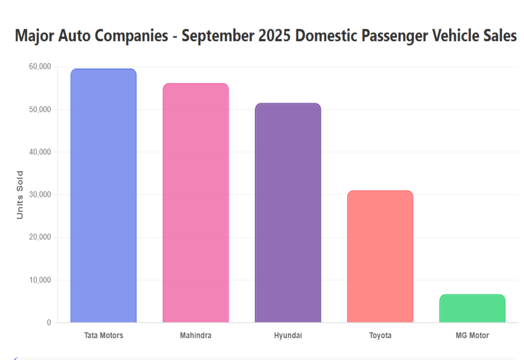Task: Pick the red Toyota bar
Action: [x=380, y=256]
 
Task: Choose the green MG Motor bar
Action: [x=472, y=309]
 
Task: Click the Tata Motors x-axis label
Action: [x=104, y=335]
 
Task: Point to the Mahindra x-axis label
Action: [x=196, y=335]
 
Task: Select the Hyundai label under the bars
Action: [x=288, y=335]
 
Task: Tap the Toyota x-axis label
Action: [x=380, y=335]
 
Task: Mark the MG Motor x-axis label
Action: [x=472, y=335]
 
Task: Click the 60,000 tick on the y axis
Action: [x=40, y=67]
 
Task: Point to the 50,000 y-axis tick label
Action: [x=40, y=109]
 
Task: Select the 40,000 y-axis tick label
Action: [x=40, y=152]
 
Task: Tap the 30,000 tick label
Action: [x=40, y=195]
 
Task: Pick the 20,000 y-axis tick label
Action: [x=40, y=237]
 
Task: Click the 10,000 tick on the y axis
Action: [x=40, y=280]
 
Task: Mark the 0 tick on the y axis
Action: [x=49, y=323]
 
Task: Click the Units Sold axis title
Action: [x=20, y=195]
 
